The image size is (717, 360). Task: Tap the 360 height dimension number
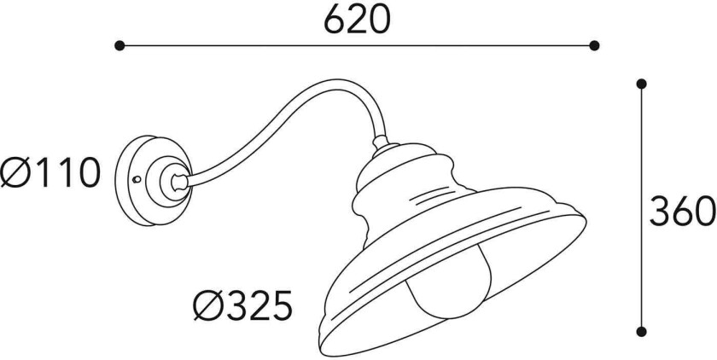click(680, 210)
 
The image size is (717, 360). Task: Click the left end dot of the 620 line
click(120, 45)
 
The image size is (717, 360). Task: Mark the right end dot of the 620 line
click(596, 45)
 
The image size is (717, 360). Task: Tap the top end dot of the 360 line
click(641, 84)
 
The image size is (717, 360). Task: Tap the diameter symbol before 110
click(18, 174)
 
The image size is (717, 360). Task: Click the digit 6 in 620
click(335, 18)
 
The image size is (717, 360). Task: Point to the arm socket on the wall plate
click(174, 180)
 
